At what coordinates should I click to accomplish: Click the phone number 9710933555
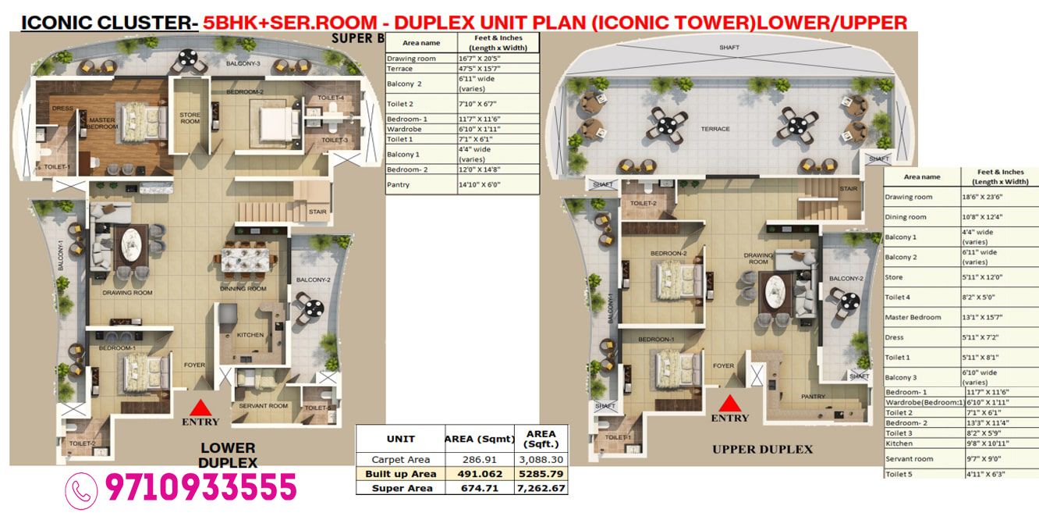[200, 488]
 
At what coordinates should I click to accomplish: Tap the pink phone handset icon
[82, 490]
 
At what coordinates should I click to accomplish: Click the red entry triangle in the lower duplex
[200, 408]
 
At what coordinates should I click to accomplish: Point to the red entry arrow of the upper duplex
[729, 403]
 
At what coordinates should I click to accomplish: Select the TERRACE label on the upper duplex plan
[715, 129]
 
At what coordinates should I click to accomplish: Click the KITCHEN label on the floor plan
[250, 334]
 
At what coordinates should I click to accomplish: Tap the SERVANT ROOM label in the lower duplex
[263, 405]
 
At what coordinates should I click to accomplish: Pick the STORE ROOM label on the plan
[190, 118]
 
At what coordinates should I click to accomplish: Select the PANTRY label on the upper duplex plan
[813, 397]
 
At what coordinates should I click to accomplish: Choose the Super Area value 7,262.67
[541, 488]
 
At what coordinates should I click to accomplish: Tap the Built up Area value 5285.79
[541, 474]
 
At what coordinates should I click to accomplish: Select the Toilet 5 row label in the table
[899, 474]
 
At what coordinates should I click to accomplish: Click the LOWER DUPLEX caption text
[228, 454]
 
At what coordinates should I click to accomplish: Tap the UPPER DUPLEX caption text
[762, 449]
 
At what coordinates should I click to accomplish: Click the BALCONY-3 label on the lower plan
[243, 63]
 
